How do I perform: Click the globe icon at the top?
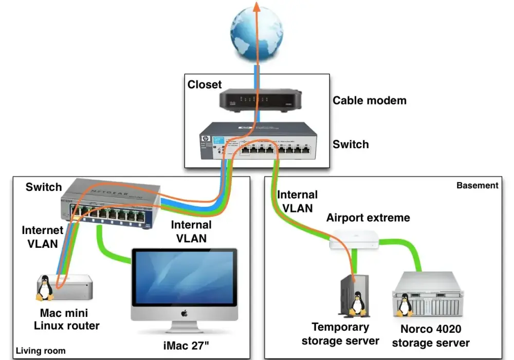[x=256, y=34]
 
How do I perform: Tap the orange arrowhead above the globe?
[x=256, y=7]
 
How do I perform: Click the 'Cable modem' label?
[x=370, y=100]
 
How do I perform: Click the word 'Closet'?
[x=205, y=84]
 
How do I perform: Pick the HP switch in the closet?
[x=259, y=141]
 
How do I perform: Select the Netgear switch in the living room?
[x=111, y=203]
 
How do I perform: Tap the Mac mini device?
[x=65, y=287]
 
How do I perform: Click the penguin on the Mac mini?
[x=45, y=288]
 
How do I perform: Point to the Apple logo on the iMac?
[x=184, y=313]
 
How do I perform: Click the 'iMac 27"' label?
[x=186, y=346]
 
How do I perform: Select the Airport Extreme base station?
[x=354, y=239]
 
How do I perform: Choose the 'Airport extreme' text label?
[x=368, y=218]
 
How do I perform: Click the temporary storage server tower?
[x=355, y=296]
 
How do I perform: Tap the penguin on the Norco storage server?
[x=405, y=305]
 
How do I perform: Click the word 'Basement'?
[x=478, y=186]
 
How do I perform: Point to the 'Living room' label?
[x=41, y=351]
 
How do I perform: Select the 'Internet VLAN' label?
[x=43, y=237]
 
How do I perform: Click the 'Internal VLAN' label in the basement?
[x=297, y=201]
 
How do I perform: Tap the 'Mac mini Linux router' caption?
[x=66, y=319]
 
